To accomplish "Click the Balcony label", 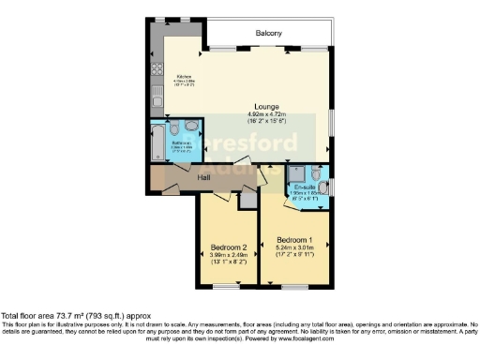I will coord(269,34).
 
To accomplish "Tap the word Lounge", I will coord(267,107).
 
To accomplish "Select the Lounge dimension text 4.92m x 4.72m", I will coord(267,114).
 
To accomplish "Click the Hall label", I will coord(203,176).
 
